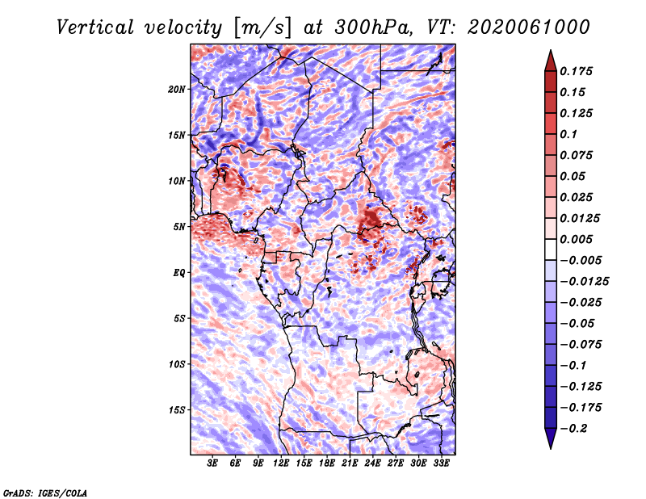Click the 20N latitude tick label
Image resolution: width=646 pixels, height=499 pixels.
point(176,90)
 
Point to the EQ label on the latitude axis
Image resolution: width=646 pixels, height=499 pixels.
point(178,273)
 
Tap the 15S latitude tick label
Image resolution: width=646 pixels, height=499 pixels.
point(176,410)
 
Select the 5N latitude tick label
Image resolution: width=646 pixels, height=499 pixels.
point(178,227)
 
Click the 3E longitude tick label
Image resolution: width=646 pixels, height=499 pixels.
point(212,463)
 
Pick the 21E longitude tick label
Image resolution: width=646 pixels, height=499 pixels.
point(350,463)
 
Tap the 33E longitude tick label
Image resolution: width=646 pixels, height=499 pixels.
point(441,463)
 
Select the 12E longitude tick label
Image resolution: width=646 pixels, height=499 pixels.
point(281,463)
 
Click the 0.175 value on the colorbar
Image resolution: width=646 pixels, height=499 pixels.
point(576,71)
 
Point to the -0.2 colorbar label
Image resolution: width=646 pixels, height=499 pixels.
point(573,429)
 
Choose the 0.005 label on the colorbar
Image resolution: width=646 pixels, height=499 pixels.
point(576,239)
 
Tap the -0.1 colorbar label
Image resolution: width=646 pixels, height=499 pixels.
point(573,366)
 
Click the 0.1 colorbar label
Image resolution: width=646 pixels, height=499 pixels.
point(568,134)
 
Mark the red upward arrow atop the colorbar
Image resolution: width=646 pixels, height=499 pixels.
point(551,61)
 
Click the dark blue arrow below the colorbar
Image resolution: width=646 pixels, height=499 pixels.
point(551,438)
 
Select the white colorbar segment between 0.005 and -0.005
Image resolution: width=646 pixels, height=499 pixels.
point(551,249)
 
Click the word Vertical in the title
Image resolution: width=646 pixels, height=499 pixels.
point(95,27)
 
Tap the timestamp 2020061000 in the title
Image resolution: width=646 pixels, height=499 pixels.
point(529,27)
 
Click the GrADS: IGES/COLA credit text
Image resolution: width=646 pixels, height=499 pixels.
point(45,493)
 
